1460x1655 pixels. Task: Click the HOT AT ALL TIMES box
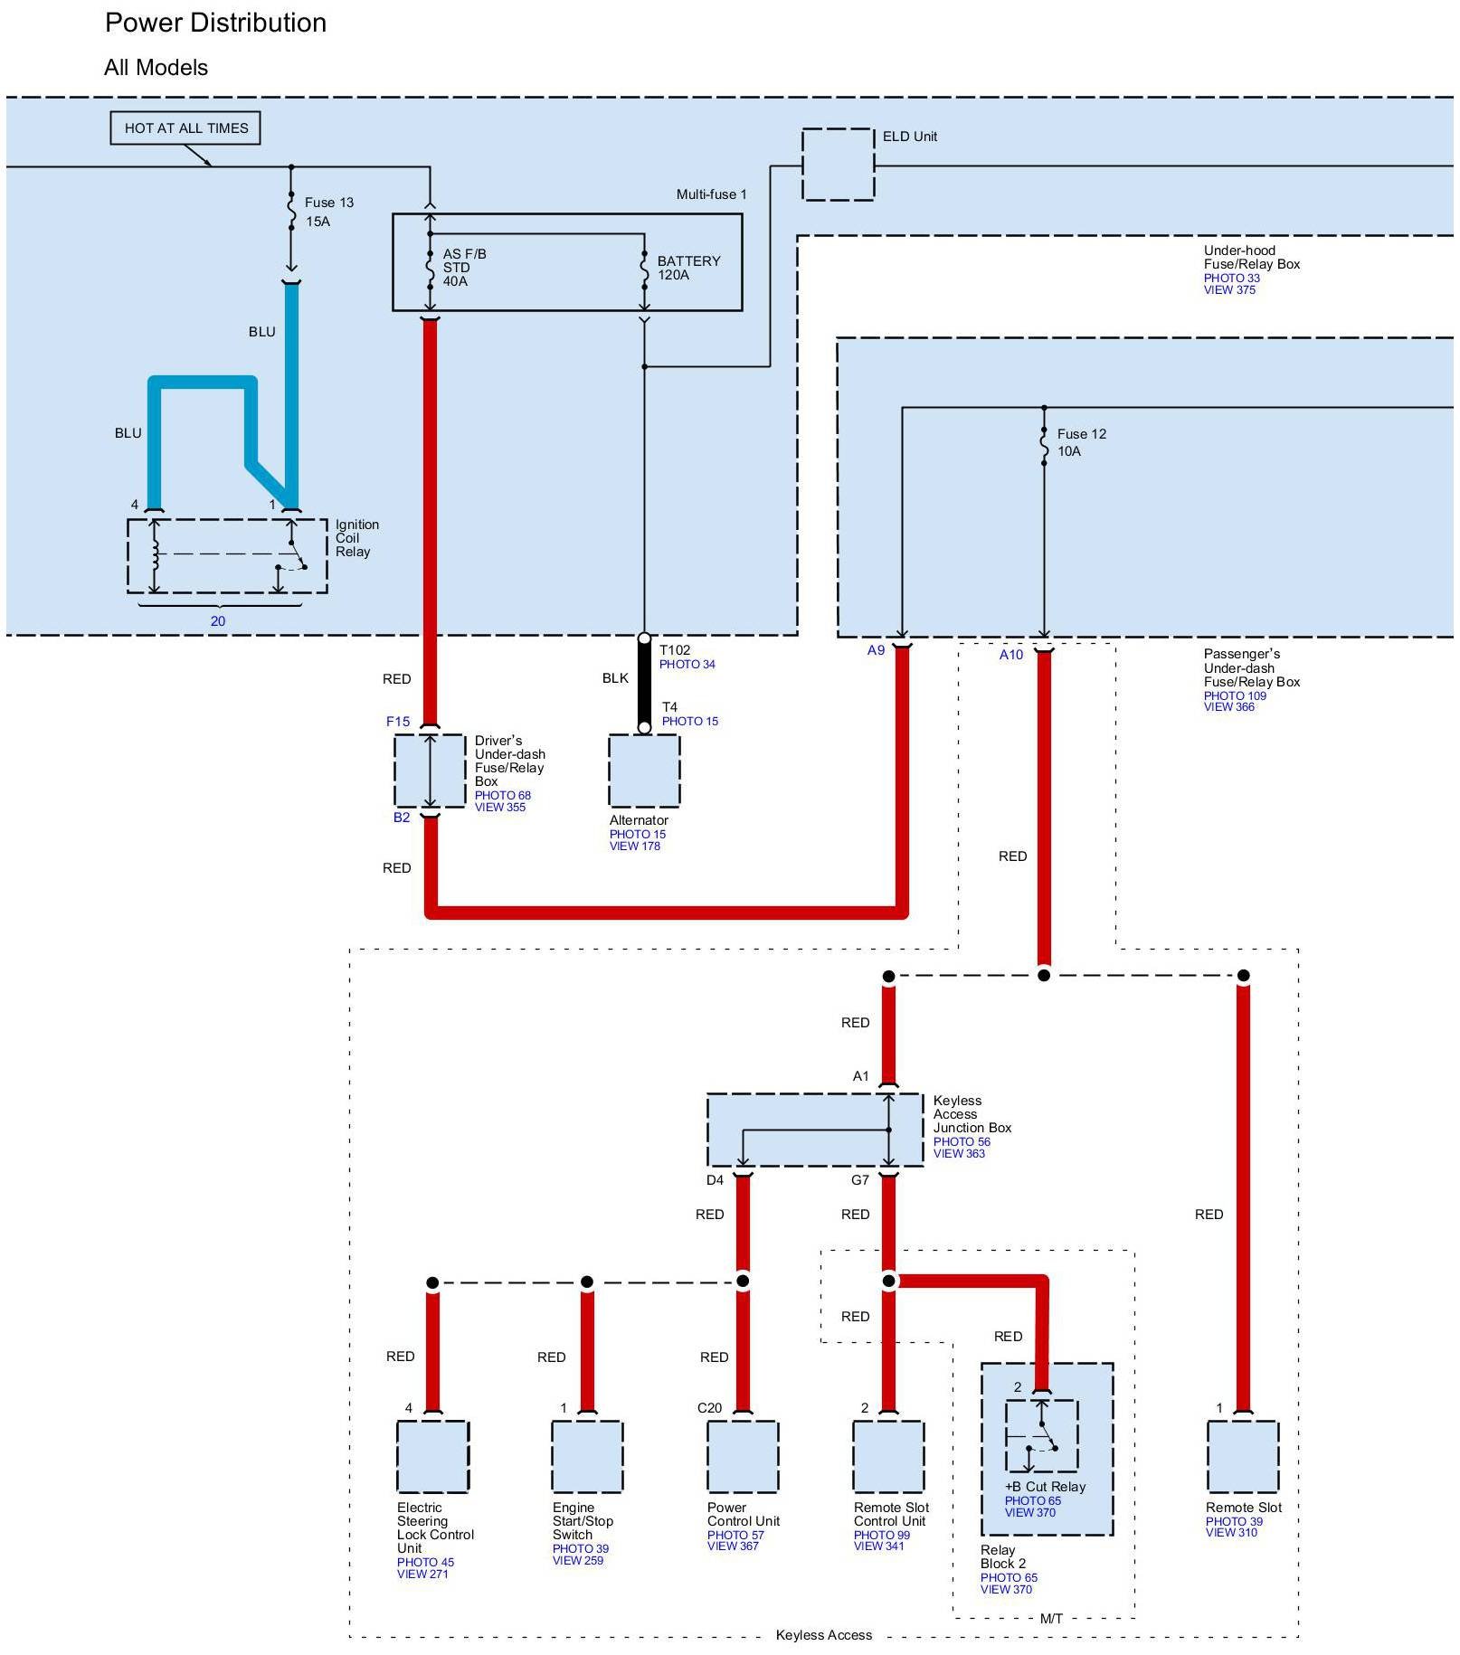[x=185, y=128]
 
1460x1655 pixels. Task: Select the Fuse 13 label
[x=328, y=203]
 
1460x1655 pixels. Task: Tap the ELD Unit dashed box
[x=838, y=165]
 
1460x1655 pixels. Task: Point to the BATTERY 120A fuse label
[x=688, y=268]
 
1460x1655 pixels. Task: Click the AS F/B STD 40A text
[x=464, y=268]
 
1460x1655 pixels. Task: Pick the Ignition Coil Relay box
[x=227, y=555]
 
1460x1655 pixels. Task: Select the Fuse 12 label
[x=1081, y=434]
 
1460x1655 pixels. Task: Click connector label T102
[x=675, y=650]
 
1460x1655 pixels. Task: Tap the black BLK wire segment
[x=644, y=683]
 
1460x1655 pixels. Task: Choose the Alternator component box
[x=644, y=771]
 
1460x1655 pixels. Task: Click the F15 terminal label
[x=398, y=722]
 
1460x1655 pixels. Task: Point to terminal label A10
[x=1010, y=655]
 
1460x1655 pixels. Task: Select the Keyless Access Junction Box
[x=814, y=1130]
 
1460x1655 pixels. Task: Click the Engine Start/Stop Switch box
[x=587, y=1456]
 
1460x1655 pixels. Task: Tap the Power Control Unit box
[x=742, y=1456]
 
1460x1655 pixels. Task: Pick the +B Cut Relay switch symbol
[x=1041, y=1435]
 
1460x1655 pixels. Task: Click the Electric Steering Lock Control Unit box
[x=432, y=1456]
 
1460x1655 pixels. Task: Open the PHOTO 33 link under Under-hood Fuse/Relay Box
[x=1231, y=279]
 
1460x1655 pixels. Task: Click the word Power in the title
[x=145, y=24]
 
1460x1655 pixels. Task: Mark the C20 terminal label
[x=709, y=1408]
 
